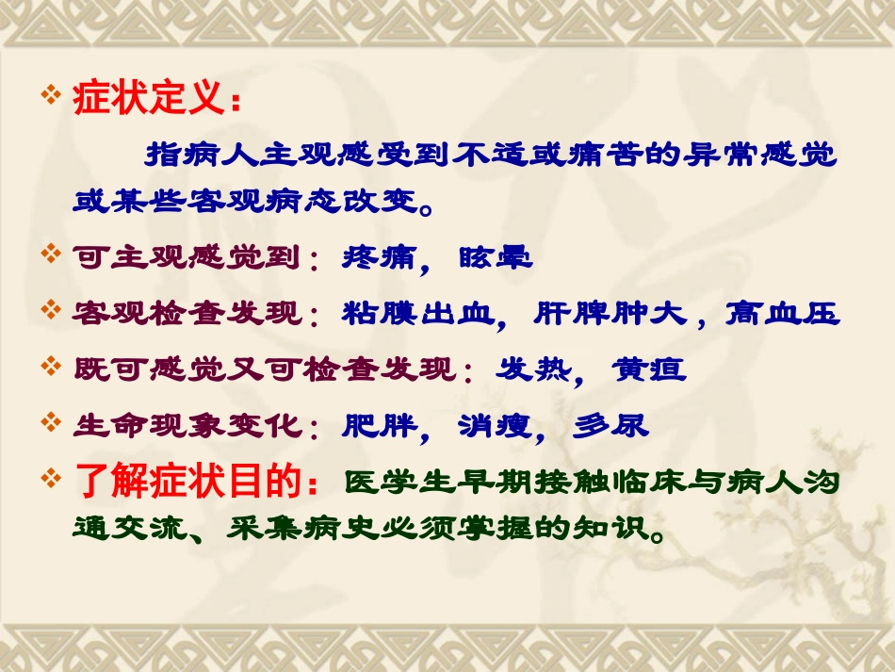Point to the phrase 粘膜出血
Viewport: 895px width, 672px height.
(x=419, y=313)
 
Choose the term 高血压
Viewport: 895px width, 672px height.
(x=782, y=313)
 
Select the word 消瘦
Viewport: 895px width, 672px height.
(x=496, y=426)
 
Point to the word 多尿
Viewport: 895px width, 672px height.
(x=611, y=426)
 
